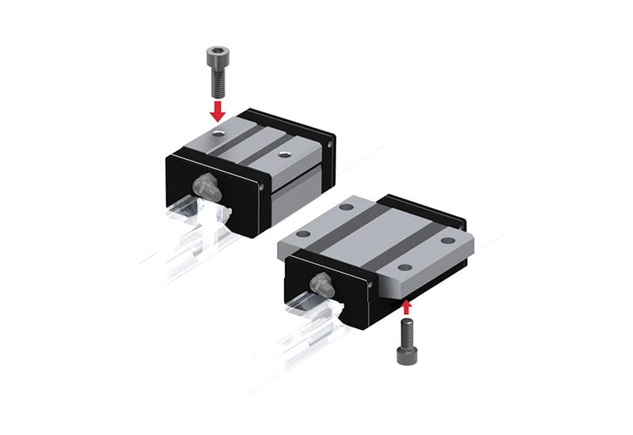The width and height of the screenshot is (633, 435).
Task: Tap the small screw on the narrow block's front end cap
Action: tap(263, 187)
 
